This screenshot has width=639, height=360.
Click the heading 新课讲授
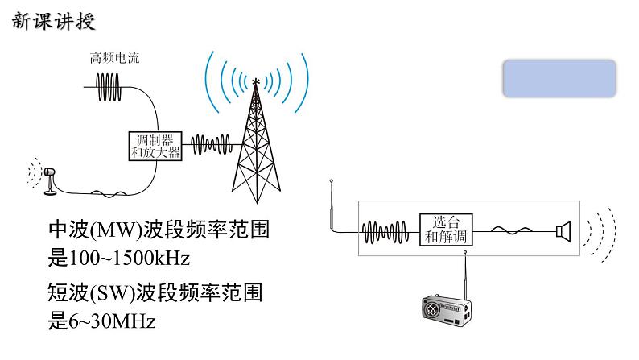[54, 22]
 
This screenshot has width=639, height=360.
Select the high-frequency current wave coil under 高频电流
[111, 82]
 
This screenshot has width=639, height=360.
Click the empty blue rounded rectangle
[560, 79]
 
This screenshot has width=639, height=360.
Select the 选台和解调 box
[445, 230]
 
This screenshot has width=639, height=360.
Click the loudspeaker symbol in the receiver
[563, 230]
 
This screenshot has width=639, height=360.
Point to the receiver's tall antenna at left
[332, 207]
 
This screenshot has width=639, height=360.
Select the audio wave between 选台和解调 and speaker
[513, 230]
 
